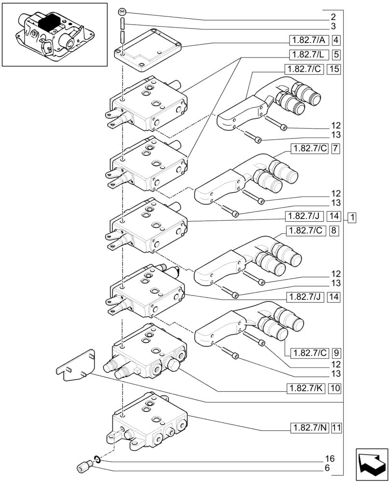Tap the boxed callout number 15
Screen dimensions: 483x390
(x=334, y=69)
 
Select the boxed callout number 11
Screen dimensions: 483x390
(x=336, y=427)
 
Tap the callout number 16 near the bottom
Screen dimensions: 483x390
(x=329, y=458)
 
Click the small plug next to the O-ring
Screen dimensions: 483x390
(x=84, y=468)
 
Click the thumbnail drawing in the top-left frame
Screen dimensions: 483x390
(x=54, y=34)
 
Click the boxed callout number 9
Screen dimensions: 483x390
(x=336, y=352)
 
